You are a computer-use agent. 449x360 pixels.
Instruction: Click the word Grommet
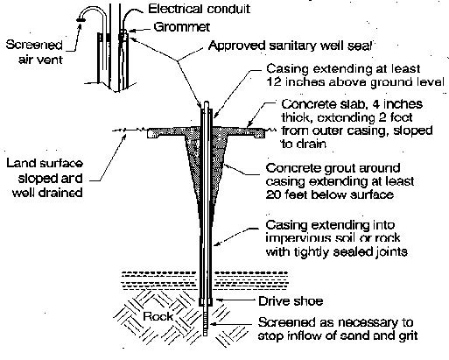tap(181, 27)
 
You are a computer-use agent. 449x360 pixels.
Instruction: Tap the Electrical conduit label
tap(200, 9)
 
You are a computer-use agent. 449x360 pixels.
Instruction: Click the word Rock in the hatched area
tap(158, 316)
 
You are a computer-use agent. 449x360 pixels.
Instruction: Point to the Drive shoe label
tap(291, 301)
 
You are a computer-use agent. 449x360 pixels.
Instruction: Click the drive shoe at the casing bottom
tap(206, 301)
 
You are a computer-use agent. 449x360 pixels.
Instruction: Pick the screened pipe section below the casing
tap(206, 321)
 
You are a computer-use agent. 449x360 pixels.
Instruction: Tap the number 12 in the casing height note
tap(274, 81)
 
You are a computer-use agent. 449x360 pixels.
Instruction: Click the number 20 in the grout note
tap(273, 194)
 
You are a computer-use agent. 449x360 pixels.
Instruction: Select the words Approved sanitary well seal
tap(290, 46)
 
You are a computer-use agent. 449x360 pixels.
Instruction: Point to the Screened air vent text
tap(34, 52)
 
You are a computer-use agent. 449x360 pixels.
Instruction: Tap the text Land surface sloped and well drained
tap(45, 178)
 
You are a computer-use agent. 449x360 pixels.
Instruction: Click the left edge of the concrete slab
tap(148, 133)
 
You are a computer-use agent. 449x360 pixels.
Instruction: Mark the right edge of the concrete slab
tap(264, 133)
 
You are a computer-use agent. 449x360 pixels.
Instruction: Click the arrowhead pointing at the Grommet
tap(130, 31)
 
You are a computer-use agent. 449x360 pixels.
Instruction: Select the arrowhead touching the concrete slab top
tap(249, 125)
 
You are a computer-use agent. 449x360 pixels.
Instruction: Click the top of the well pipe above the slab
tap(206, 102)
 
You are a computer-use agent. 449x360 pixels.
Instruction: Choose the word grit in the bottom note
tap(409, 335)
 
